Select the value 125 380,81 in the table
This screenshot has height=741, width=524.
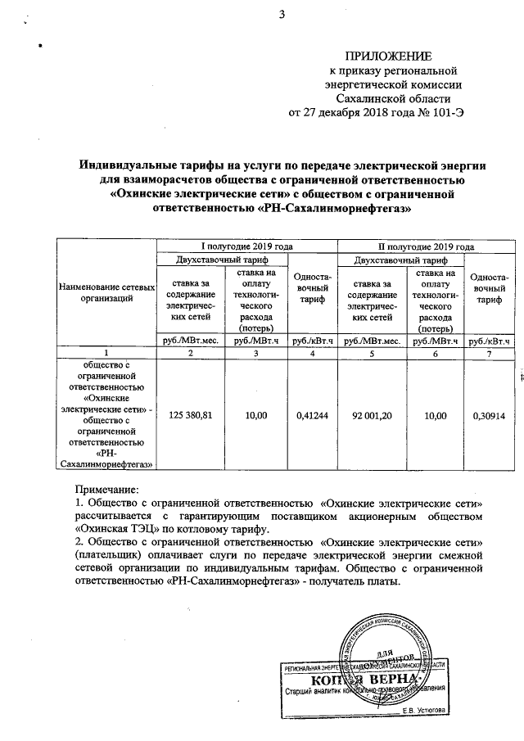click(190, 416)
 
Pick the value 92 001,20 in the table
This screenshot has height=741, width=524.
click(373, 416)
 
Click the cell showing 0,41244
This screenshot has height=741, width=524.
click(315, 416)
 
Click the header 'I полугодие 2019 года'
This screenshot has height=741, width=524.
click(247, 246)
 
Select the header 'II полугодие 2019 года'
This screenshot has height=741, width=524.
click(426, 246)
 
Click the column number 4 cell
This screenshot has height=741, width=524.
click(315, 352)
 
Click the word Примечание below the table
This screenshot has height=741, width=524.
click(105, 488)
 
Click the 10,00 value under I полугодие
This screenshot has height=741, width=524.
click(256, 416)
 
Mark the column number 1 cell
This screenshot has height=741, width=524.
click(106, 352)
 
